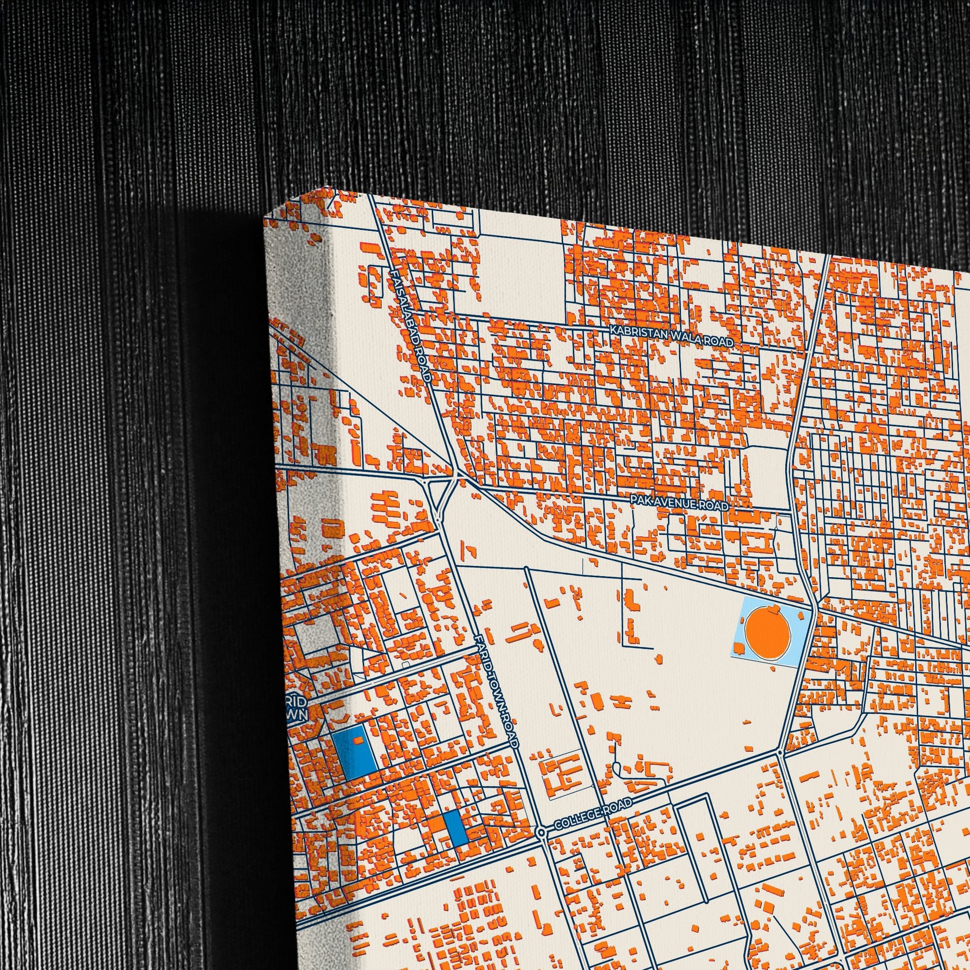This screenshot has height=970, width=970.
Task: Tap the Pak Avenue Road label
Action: [680, 502]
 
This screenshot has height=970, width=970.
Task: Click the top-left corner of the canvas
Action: [265, 219]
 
